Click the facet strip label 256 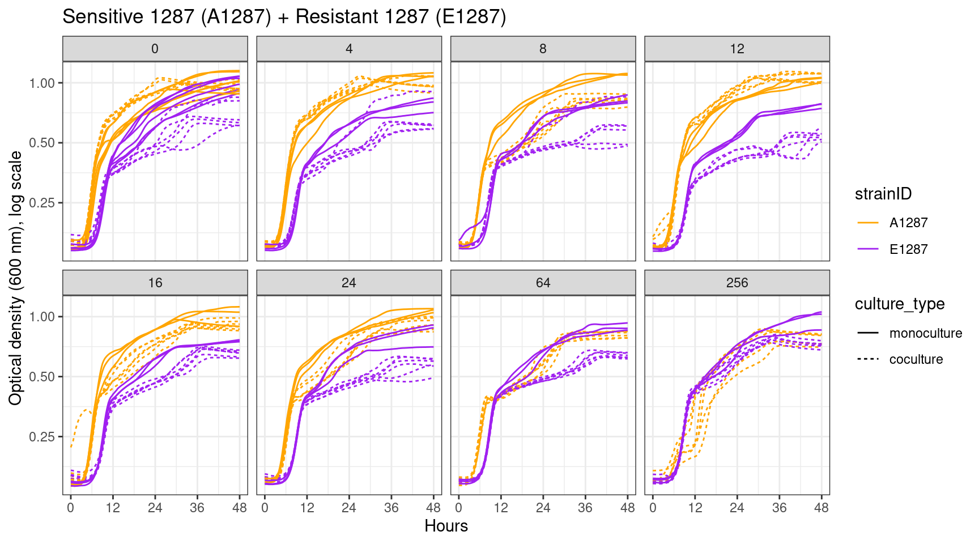pos(737,283)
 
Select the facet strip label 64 pos(543,283)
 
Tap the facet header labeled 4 pos(349,49)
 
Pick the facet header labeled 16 pos(155,283)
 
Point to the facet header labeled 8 pos(543,49)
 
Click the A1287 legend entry pos(908,223)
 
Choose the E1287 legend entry pos(908,249)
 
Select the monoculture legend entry pos(925,333)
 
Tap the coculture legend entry pos(916,359)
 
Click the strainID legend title pos(883,194)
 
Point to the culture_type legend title pos(900,304)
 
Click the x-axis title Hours pos(446,526)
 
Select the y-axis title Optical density pos(16,278)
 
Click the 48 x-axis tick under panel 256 pos(821,508)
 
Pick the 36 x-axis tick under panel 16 pos(197,508)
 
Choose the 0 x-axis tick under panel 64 pos(459,508)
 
